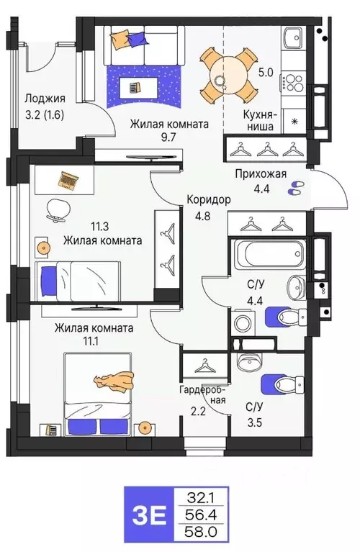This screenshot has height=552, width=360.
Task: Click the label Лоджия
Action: click(44, 99)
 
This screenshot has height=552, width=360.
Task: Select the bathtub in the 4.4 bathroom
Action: click(268, 255)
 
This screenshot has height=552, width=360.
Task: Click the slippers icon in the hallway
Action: click(295, 189)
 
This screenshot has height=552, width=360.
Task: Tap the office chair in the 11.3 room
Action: click(56, 209)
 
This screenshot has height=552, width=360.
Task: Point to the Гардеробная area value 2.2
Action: click(196, 413)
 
